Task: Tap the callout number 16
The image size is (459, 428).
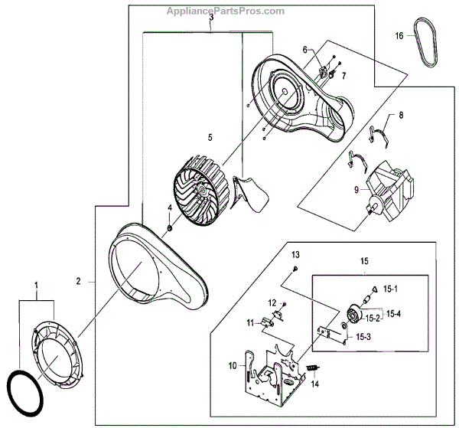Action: coord(399,36)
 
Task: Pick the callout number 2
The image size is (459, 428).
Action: coord(79,281)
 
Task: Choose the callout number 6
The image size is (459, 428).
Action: coord(304,50)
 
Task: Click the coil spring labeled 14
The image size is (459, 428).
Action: coord(311,368)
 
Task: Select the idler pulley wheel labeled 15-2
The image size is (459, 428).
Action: coord(353,314)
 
